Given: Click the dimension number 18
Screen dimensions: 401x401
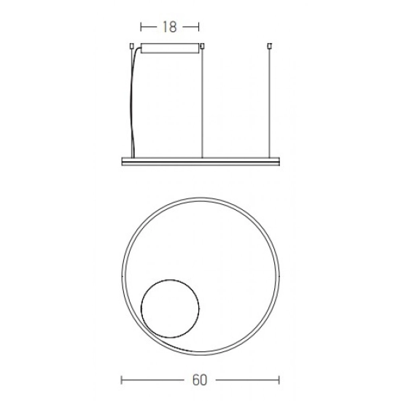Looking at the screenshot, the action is (x=170, y=27).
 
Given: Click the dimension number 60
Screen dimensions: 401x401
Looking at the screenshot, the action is (x=200, y=380).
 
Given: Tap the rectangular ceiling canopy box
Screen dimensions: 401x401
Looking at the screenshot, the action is (x=170, y=48).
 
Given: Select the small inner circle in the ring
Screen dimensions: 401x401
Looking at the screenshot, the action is (x=141, y=308).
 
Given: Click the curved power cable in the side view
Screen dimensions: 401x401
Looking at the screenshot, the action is (x=131, y=102).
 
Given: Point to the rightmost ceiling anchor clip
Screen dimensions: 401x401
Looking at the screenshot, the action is (x=269, y=46).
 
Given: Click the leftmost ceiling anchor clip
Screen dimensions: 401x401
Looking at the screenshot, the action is (x=132, y=46).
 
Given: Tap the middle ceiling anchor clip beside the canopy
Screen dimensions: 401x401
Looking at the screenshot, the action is (x=202, y=46).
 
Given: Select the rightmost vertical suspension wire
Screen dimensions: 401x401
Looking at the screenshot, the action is (x=269, y=103).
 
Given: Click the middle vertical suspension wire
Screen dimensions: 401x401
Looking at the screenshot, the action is (x=202, y=103).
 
